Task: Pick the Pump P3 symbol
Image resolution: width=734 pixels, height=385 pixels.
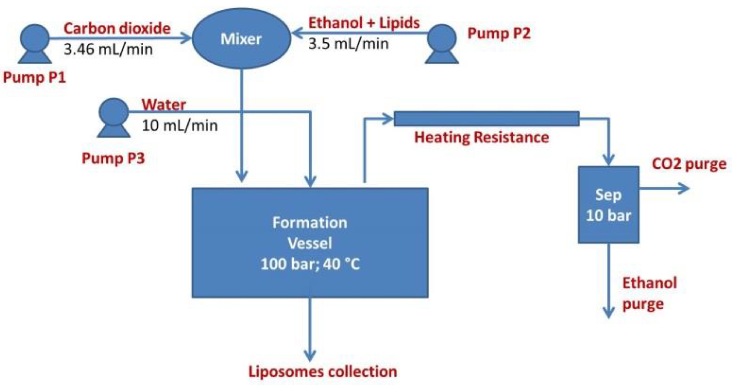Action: click(x=114, y=118)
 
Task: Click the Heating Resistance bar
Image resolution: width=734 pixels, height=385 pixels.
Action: click(x=486, y=118)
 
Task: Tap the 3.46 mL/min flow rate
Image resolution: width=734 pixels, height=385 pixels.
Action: click(x=108, y=49)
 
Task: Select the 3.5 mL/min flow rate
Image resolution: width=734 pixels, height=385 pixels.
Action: click(x=348, y=44)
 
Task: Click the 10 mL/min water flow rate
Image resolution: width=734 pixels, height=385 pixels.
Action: click(x=179, y=125)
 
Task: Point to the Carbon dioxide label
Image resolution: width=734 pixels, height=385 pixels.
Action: click(x=117, y=28)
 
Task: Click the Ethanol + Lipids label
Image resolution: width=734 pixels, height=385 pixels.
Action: click(x=364, y=23)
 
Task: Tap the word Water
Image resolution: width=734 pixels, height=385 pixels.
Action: click(x=164, y=104)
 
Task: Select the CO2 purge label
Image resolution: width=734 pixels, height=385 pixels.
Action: click(x=689, y=164)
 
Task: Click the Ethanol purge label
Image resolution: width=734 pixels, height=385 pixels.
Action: click(x=649, y=293)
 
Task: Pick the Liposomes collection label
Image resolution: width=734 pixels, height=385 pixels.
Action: click(x=323, y=372)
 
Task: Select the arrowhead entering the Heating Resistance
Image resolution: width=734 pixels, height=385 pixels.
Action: click(x=387, y=119)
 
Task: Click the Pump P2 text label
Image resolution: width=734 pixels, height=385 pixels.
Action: click(x=499, y=33)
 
